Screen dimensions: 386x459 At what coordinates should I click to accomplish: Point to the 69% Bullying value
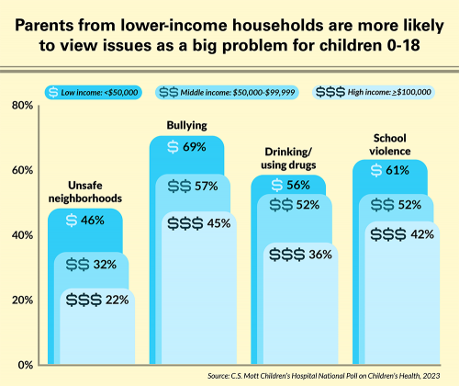(192, 147)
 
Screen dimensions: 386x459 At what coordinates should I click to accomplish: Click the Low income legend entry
(95, 92)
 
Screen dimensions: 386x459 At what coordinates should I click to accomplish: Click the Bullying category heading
(186, 124)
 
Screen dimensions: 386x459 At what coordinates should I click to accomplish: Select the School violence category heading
(390, 144)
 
